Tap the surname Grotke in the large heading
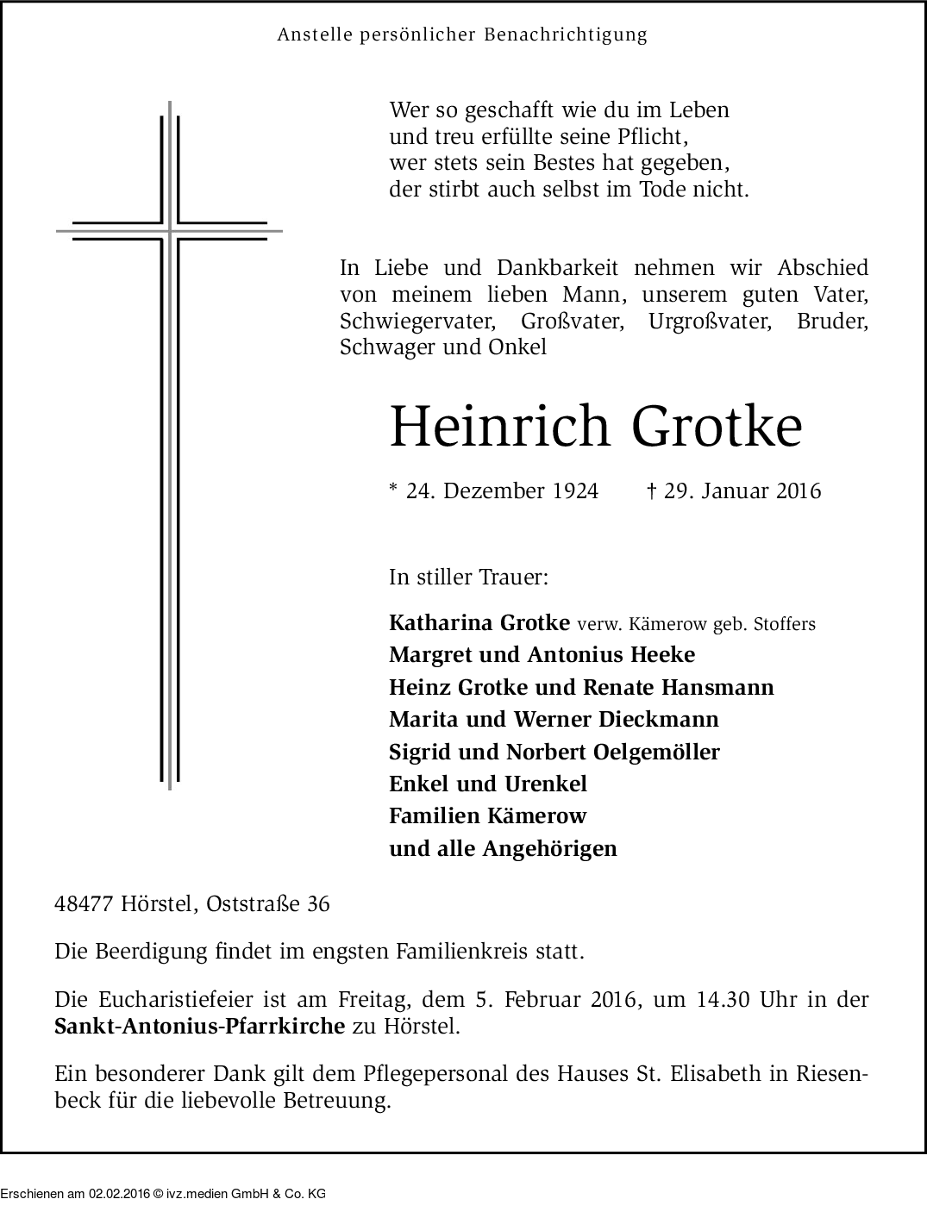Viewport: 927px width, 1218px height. point(717,426)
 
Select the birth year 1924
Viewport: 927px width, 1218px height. point(575,491)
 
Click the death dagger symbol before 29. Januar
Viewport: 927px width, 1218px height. point(652,490)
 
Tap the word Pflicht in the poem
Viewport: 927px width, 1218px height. point(656,137)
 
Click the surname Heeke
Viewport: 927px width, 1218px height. point(662,655)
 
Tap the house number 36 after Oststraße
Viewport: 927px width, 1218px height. point(317,904)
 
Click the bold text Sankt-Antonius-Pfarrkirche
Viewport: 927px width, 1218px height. point(199,1027)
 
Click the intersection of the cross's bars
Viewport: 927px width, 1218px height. point(170,231)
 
